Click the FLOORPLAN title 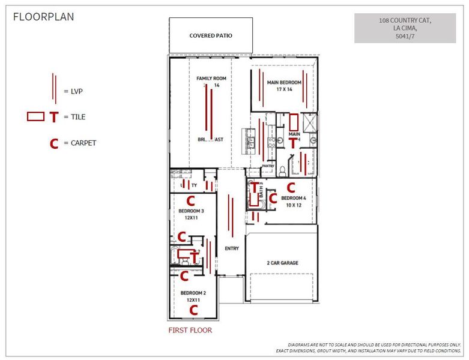click(x=44, y=17)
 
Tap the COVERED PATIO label click(x=211, y=35)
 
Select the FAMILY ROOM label click(x=211, y=79)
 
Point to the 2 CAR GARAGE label click(x=282, y=263)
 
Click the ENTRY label click(x=231, y=248)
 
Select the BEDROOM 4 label click(x=294, y=198)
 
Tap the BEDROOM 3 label click(x=192, y=211)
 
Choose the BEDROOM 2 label click(x=193, y=293)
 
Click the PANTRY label click(x=268, y=166)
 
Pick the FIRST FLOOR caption click(x=190, y=330)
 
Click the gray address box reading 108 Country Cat click(x=405, y=29)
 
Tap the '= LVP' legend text click(x=73, y=91)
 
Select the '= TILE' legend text click(x=74, y=117)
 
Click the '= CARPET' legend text click(x=79, y=143)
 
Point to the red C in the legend click(x=54, y=144)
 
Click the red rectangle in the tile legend click(x=36, y=116)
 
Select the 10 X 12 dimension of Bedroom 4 click(x=294, y=205)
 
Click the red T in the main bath click(x=293, y=143)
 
